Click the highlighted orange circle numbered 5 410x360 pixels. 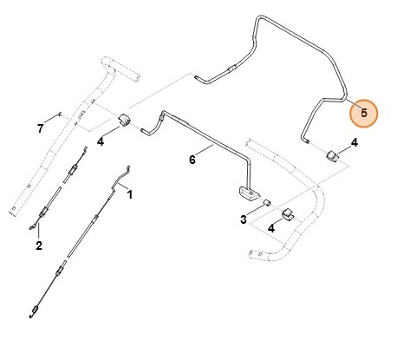click(x=363, y=112)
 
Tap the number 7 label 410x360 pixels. click(x=40, y=129)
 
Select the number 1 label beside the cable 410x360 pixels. click(x=130, y=194)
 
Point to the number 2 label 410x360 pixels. click(x=38, y=245)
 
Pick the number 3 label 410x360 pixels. click(x=244, y=220)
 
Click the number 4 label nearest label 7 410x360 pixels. click(x=101, y=139)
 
